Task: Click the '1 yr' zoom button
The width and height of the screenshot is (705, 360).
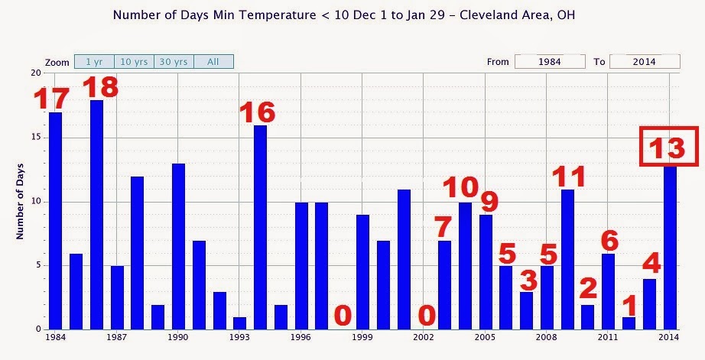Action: tap(94, 62)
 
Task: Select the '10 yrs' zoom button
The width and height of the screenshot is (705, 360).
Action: tap(134, 62)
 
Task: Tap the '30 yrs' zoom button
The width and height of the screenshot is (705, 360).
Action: tap(174, 62)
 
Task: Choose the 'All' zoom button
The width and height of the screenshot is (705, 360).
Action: tap(213, 62)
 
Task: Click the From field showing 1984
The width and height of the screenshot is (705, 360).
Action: tap(550, 62)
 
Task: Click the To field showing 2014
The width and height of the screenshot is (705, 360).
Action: tap(644, 62)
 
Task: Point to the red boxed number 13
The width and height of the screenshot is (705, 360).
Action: tap(668, 147)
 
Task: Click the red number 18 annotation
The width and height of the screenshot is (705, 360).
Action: tap(101, 86)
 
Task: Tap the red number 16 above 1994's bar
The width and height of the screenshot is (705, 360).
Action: tap(257, 112)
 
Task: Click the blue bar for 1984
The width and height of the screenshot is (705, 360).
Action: tap(55, 222)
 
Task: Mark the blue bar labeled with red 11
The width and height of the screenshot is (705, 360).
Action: tap(567, 260)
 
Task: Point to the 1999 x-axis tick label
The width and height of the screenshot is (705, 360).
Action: tap(363, 337)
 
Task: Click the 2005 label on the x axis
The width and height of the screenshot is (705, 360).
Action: tap(486, 337)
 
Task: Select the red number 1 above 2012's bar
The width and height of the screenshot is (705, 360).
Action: tap(629, 306)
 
